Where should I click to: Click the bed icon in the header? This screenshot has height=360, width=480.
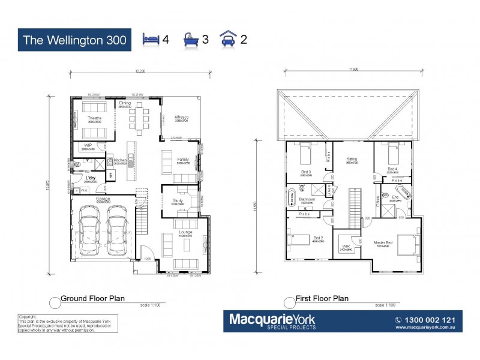(x=151, y=39)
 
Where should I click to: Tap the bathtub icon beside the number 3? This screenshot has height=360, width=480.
(x=190, y=39)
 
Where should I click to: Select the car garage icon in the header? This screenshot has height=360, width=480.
(x=229, y=39)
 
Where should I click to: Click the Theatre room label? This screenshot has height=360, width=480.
(x=94, y=118)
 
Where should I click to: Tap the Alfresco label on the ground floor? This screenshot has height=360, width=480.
(x=181, y=117)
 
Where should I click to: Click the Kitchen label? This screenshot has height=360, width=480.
(x=120, y=160)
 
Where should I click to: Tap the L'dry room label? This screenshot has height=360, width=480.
(x=91, y=178)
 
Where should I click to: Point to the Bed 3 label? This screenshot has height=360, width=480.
(x=305, y=172)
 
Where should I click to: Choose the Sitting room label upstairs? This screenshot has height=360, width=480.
(x=352, y=159)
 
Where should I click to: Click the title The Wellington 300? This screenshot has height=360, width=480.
(x=74, y=40)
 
